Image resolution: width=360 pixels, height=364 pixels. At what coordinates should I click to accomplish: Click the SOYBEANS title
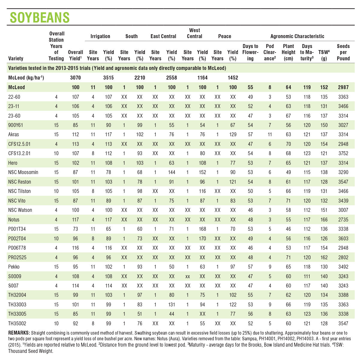40,17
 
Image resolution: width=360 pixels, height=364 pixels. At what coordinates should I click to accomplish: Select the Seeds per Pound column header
343,52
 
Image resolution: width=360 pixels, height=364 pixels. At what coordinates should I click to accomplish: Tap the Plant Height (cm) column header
288,52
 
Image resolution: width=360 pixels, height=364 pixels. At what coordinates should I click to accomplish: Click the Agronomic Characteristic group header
297,36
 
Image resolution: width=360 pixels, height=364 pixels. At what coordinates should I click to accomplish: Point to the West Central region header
194,33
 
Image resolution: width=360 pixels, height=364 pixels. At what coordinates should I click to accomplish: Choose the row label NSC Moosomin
23,172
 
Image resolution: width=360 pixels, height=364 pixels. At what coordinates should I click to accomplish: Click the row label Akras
14,134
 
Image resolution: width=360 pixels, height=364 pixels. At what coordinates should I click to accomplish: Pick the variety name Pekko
14,267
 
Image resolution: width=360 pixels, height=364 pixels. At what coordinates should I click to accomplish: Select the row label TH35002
17,323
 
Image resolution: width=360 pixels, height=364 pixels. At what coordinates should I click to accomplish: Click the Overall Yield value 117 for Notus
75,220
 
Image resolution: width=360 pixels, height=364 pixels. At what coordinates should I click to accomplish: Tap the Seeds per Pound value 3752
343,153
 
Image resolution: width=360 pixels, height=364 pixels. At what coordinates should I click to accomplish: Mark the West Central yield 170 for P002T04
202,239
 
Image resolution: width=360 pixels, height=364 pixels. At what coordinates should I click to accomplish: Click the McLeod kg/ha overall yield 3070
75,78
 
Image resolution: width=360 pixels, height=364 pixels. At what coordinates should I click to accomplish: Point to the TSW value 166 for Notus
324,220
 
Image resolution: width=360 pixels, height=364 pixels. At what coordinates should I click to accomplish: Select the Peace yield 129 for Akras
233,134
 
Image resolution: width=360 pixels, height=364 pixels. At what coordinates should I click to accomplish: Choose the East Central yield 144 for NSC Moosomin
172,172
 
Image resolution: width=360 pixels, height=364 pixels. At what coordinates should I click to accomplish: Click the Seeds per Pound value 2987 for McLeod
343,87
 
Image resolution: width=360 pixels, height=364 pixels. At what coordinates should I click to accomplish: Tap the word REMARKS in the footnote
19,333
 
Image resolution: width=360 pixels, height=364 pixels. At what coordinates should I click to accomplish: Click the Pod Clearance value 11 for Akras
270,134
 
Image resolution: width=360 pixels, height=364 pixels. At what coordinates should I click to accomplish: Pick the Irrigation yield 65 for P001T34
108,229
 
